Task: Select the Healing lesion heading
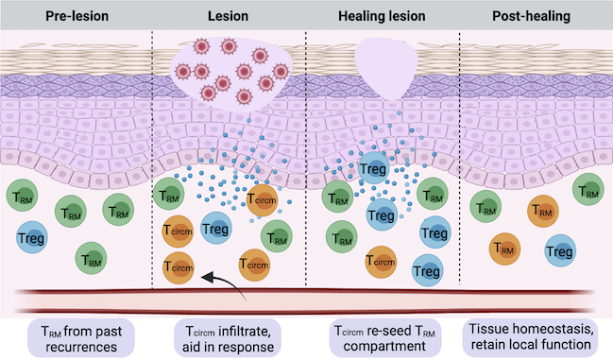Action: (x=382, y=16)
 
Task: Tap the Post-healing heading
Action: (x=534, y=16)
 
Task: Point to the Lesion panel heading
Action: (x=229, y=16)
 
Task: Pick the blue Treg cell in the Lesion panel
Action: (x=216, y=228)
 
